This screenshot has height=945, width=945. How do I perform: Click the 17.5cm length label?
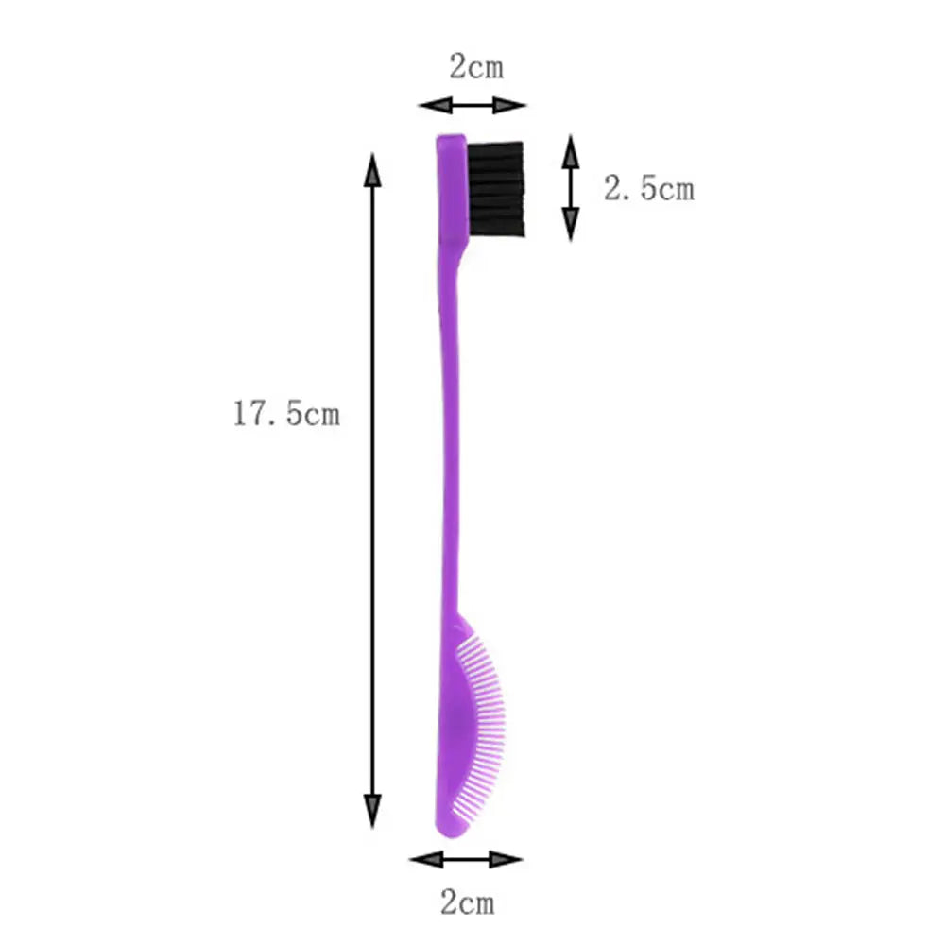(286, 414)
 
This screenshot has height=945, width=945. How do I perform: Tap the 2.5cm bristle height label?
(648, 189)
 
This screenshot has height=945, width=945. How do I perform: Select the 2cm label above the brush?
(475, 67)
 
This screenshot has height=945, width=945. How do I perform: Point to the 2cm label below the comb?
(466, 902)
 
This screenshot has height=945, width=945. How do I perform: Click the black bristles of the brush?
(497, 189)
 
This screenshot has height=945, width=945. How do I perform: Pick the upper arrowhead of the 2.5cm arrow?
(571, 151)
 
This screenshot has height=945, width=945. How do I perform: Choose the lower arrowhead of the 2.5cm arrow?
(571, 224)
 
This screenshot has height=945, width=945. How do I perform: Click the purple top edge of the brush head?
(451, 139)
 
